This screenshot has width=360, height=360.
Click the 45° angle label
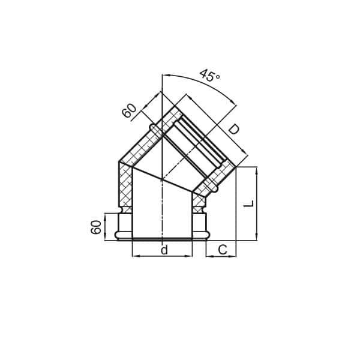click(209, 76)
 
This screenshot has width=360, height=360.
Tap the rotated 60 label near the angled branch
click(130, 111)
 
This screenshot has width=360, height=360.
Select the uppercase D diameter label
click(233, 129)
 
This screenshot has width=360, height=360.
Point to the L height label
click(249, 203)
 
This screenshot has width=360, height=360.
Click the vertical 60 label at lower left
click(97, 227)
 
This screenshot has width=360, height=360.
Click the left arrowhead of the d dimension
click(134, 256)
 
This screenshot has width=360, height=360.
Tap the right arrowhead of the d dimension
click(190, 256)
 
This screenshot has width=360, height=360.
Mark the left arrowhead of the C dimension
click(208, 256)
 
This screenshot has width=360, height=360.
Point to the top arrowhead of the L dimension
click(257, 170)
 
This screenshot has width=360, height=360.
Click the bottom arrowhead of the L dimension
click(257, 238)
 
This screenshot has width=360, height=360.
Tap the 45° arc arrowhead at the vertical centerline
click(165, 75)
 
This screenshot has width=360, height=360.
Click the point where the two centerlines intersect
click(162, 179)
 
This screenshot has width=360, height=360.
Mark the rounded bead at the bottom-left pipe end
click(118, 235)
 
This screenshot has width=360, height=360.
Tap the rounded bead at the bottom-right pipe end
click(207, 235)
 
